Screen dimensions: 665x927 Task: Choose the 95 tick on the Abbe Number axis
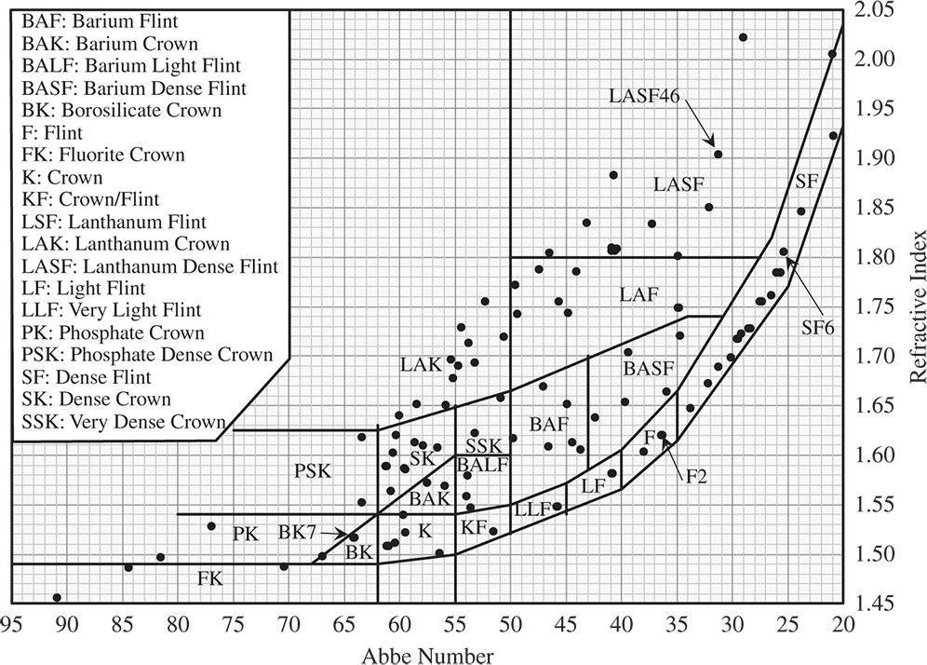click(x=11, y=622)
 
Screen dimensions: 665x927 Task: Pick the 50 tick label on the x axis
click(x=511, y=622)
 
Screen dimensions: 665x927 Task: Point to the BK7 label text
click(x=298, y=533)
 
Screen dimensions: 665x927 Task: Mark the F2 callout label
click(x=697, y=477)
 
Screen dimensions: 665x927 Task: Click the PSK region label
click(x=313, y=470)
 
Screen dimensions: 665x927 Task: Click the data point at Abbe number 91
click(x=57, y=597)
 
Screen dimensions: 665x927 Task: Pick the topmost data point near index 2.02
click(x=743, y=37)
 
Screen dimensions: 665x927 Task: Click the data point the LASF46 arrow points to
click(x=718, y=154)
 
